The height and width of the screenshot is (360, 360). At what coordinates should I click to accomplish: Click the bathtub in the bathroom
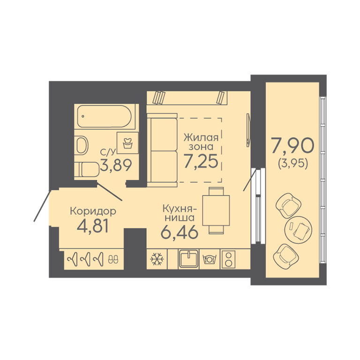[105, 116]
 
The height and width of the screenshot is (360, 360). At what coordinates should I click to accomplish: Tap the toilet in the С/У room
[86, 169]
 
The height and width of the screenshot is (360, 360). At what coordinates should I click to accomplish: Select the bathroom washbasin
[81, 145]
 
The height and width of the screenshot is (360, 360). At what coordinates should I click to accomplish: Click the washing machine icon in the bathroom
[127, 143]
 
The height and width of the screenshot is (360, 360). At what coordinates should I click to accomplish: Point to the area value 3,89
[116, 165]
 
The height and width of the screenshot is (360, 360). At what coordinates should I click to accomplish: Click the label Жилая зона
[201, 142]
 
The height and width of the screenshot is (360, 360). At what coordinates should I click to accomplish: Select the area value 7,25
[201, 161]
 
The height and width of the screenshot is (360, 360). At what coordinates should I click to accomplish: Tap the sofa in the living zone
[162, 150]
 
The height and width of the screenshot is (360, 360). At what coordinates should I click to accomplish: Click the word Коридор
[93, 211]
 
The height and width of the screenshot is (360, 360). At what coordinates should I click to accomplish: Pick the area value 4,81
[92, 225]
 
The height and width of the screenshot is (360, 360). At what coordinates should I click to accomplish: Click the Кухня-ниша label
[179, 213]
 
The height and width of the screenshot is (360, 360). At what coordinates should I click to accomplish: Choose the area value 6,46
[180, 232]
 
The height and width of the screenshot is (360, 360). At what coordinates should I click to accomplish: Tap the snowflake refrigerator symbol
[157, 259]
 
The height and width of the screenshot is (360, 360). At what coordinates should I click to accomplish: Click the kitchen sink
[188, 259]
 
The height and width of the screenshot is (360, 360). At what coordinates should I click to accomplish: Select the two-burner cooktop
[228, 259]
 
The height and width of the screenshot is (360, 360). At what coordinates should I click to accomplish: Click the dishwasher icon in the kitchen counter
[210, 259]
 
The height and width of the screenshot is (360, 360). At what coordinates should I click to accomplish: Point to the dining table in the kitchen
[216, 210]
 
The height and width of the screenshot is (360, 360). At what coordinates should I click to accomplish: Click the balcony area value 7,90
[292, 146]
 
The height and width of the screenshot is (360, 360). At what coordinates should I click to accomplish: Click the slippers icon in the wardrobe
[113, 259]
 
